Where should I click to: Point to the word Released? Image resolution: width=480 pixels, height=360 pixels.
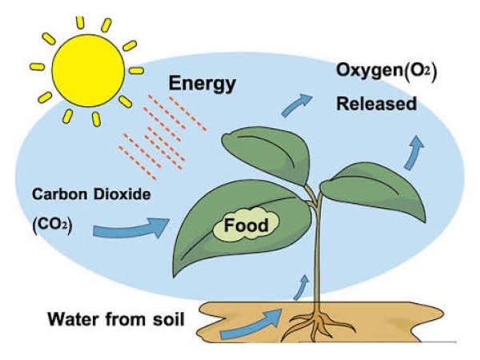pos(376,104)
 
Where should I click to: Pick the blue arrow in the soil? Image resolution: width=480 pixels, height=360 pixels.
pos(252,323)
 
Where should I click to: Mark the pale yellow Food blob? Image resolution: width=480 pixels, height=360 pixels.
pos(244,227)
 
